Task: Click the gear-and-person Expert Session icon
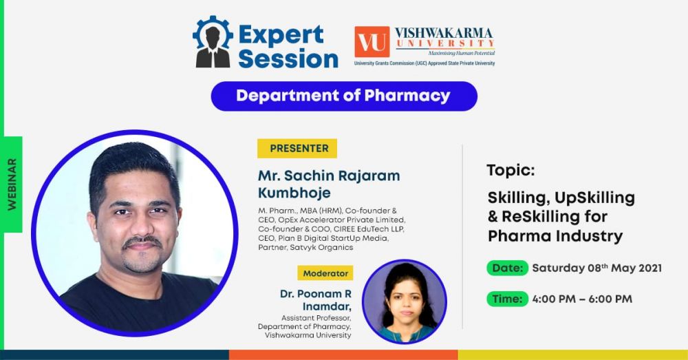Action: pyautogui.click(x=213, y=42)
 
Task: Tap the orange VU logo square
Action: pyautogui.click(x=372, y=42)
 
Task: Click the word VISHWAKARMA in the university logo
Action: pyautogui.click(x=444, y=33)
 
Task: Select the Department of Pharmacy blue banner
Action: pyautogui.click(x=344, y=96)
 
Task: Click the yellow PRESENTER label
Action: pyautogui.click(x=297, y=149)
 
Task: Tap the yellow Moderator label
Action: pyautogui.click(x=325, y=273)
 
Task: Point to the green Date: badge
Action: pyautogui.click(x=507, y=268)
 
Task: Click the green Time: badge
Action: pyautogui.click(x=507, y=299)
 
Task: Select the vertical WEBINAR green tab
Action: pyautogui.click(x=12, y=184)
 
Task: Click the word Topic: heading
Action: pyautogui.click(x=510, y=170)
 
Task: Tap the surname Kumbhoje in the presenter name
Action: pyautogui.click(x=294, y=193)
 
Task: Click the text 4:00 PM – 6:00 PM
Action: pyautogui.click(x=582, y=299)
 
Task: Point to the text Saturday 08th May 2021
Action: pyautogui.click(x=596, y=268)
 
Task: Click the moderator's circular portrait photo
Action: pyautogui.click(x=404, y=301)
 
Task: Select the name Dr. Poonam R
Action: pyautogui.click(x=316, y=294)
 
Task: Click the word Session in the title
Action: pyautogui.click(x=288, y=59)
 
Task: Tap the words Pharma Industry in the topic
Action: pyautogui.click(x=555, y=236)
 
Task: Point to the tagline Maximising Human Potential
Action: pyautogui.click(x=462, y=53)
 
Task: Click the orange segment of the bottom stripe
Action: pyautogui.click(x=343, y=354)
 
